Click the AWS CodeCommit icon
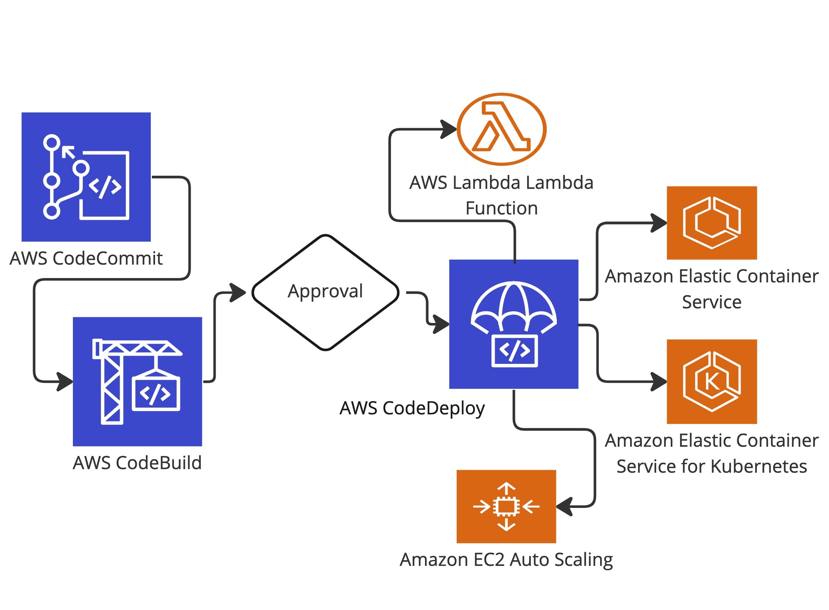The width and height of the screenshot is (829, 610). pos(86,177)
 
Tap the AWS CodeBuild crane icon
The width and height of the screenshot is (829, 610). pos(137,381)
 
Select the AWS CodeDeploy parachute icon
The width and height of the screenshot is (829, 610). pos(514,324)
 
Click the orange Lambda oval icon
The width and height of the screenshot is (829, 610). pos(501,129)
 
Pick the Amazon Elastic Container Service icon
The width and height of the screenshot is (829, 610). pos(712,223)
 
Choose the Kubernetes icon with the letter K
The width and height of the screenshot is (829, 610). pos(712,381)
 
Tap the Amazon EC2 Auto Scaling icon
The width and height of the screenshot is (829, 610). pos(506,506)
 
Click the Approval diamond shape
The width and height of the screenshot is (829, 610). pos(325,292)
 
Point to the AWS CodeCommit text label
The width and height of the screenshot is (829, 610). pos(86,258)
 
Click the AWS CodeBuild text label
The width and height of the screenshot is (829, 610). pos(137,463)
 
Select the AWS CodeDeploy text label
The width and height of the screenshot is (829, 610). pos(412,408)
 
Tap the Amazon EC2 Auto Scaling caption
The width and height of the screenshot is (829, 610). pos(506,559)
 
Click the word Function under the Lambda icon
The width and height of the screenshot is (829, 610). pos(501,208)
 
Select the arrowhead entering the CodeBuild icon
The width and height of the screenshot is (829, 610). pos(66,381)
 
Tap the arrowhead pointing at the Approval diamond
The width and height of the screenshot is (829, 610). pos(238,293)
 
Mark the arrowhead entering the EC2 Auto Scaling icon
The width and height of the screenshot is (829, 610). pos(564,506)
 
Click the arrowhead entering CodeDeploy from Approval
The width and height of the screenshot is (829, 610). pos(442,324)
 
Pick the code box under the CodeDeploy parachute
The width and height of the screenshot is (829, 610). pos(514,351)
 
